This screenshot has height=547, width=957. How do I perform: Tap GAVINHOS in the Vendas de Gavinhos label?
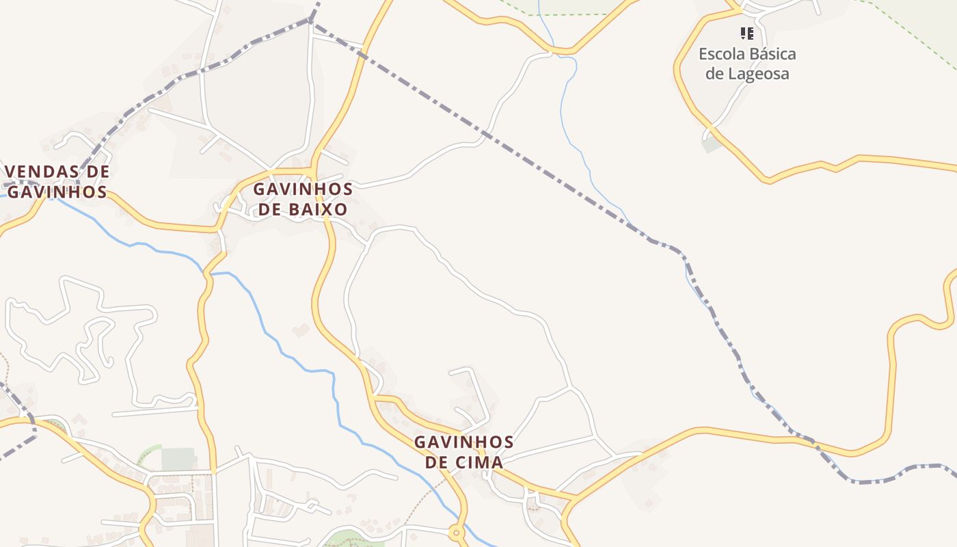coord(57,192)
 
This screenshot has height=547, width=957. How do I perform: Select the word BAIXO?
coord(318,209)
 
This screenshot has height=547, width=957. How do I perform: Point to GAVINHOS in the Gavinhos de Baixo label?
coord(303,189)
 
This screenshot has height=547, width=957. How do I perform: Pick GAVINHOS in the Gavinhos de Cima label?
coord(463,442)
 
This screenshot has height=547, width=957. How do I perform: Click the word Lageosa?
coord(757,74)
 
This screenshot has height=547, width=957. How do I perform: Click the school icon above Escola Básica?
coord(746,33)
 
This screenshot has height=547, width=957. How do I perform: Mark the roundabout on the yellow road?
coord(457,532)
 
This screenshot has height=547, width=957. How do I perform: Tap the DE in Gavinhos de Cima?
coord(437,462)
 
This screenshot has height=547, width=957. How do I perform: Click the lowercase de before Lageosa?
coord(714,74)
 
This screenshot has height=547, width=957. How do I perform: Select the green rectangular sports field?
coord(178,459)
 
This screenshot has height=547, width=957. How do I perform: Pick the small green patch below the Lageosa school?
coord(711,144)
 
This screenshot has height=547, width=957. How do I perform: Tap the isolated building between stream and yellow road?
coord(300,330)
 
